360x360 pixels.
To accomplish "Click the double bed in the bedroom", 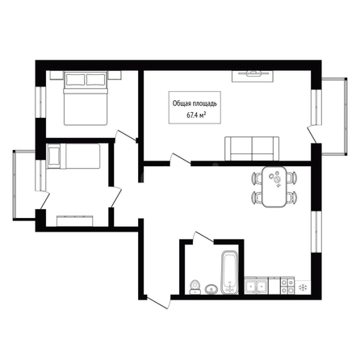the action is coord(86,98).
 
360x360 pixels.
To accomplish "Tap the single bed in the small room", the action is coord(73,156).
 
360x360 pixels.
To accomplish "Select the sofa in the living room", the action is coord(252,149).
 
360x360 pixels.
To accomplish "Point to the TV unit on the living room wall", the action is coord(253,76).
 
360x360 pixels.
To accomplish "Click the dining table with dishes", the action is coord(274,186).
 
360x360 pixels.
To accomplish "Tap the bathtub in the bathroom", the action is coord(229,272).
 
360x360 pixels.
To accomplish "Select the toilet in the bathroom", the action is coord(195,287).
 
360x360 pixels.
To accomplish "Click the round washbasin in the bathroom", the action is coord(211,289).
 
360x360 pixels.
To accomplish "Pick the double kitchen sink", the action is coord(256,286).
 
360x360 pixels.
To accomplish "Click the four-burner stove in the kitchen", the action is coord(287,287).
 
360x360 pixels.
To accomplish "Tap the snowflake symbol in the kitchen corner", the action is coord(303,287).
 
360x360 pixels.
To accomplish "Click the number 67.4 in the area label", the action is coord(191,115).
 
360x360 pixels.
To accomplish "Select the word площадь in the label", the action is coord(205,103).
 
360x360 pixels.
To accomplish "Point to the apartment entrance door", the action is coord(158,302).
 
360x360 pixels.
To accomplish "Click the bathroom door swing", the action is coord(203,237).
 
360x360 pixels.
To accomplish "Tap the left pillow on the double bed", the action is coord(75,80).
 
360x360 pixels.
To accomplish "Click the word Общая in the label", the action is coord(182,103).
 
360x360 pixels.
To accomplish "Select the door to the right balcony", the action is coord(312,134).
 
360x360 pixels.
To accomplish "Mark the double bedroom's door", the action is coord(125,135).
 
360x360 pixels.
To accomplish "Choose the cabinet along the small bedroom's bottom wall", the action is coord(75,221).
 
